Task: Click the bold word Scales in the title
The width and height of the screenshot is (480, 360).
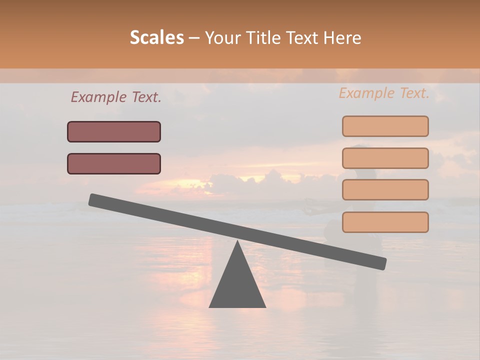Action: pyautogui.click(x=156, y=37)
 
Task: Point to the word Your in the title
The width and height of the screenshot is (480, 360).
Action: pyautogui.click(x=223, y=37)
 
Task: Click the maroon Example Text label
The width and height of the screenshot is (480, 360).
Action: pyautogui.click(x=115, y=97)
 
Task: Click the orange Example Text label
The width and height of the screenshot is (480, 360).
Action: pyautogui.click(x=384, y=93)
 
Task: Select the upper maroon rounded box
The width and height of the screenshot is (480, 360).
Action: pyautogui.click(x=114, y=131)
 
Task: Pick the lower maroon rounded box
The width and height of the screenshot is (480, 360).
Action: pyautogui.click(x=114, y=163)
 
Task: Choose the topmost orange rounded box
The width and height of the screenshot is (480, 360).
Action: pyautogui.click(x=385, y=126)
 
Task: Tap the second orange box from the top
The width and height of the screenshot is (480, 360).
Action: pyautogui.click(x=385, y=158)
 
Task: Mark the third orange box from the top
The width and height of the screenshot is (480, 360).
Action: pyautogui.click(x=385, y=189)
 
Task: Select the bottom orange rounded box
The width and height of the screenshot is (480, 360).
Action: pyautogui.click(x=385, y=222)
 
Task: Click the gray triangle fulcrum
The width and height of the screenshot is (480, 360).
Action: pyautogui.click(x=237, y=285)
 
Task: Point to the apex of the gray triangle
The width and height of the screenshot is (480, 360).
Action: pyautogui.click(x=237, y=243)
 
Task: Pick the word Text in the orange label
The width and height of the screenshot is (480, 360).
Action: pyautogui.click(x=412, y=93)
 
